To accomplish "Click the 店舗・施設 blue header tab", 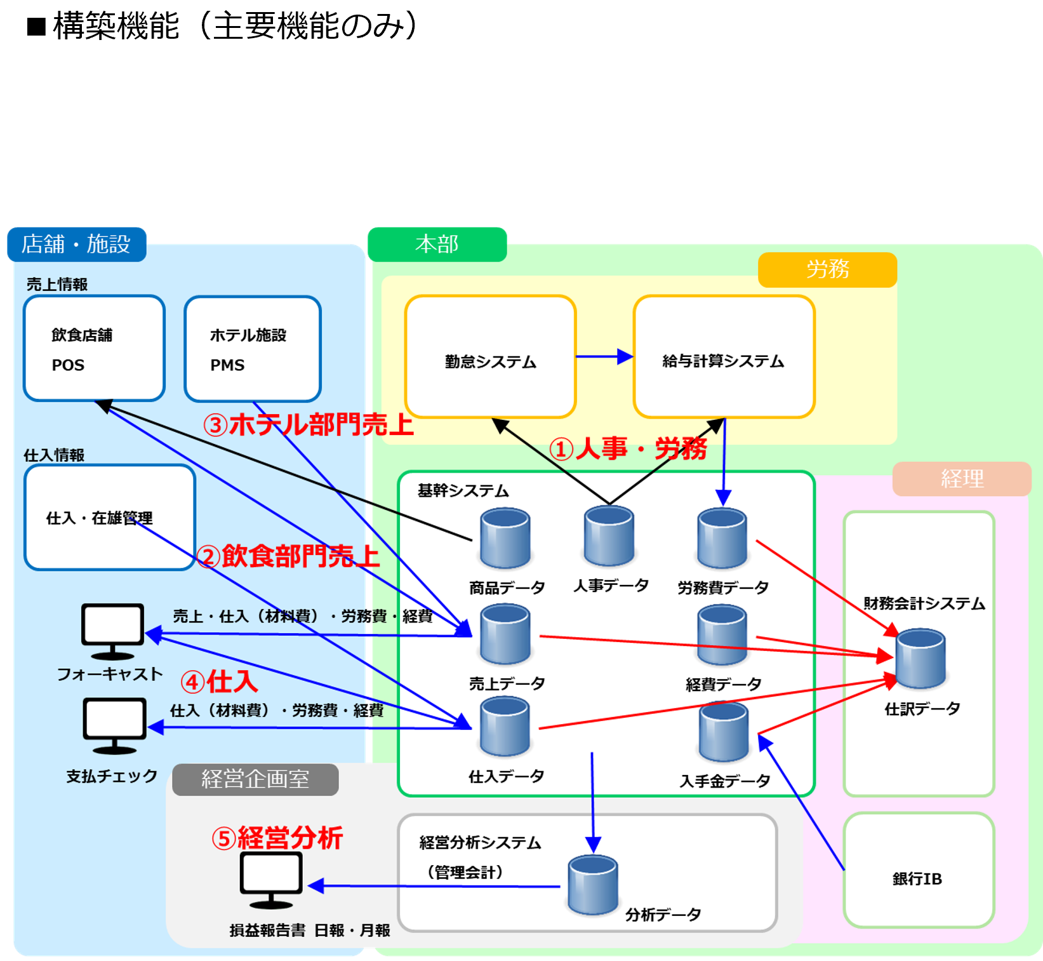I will [x=76, y=244].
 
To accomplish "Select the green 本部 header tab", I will [x=437, y=244].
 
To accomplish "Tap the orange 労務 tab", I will [x=827, y=269].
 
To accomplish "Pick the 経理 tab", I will [x=961, y=478].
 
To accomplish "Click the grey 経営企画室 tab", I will [x=255, y=779].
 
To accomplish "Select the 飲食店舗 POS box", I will [x=94, y=348].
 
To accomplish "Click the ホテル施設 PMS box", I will [x=252, y=348].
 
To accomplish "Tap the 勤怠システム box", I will [x=490, y=356].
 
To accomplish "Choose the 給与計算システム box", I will [x=724, y=356].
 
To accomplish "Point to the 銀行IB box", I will [x=918, y=870].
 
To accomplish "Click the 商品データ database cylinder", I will [x=505, y=539].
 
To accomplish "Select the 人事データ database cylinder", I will [x=609, y=536].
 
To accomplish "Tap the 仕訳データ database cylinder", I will [x=920, y=659].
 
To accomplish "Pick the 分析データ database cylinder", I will [x=593, y=885].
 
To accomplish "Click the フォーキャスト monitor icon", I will [x=112, y=631].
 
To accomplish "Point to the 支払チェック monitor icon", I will [x=114, y=725].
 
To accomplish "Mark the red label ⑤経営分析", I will [x=277, y=838].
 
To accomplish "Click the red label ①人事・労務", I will [x=628, y=449].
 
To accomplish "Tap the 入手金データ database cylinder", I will [x=724, y=732].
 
